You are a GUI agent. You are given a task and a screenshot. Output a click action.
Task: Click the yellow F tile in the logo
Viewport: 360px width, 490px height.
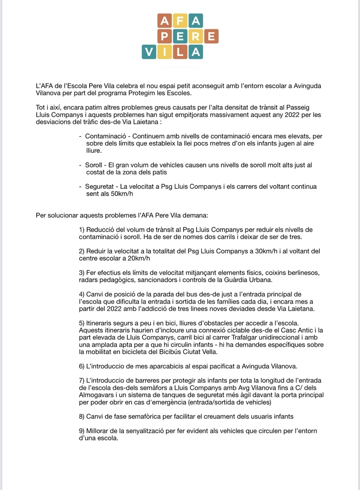point(180,22)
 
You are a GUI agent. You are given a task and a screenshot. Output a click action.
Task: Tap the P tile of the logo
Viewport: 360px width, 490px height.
point(165,37)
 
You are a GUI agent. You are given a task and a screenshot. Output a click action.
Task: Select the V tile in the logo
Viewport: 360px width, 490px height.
point(149,52)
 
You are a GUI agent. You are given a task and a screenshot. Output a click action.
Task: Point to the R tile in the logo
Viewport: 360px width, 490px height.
point(196,37)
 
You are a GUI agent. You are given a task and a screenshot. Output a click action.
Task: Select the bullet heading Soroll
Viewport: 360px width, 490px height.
point(95,166)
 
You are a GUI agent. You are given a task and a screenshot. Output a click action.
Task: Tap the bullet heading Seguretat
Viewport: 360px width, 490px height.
point(99,186)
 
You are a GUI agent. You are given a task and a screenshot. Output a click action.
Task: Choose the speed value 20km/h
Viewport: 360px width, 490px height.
point(139,258)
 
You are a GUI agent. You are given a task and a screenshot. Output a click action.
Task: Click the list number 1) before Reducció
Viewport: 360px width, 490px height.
point(82,229)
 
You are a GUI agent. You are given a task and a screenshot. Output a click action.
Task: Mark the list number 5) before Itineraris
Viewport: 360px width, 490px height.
point(82,323)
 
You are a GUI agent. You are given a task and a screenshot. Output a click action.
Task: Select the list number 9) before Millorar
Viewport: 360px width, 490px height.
point(82,430)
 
